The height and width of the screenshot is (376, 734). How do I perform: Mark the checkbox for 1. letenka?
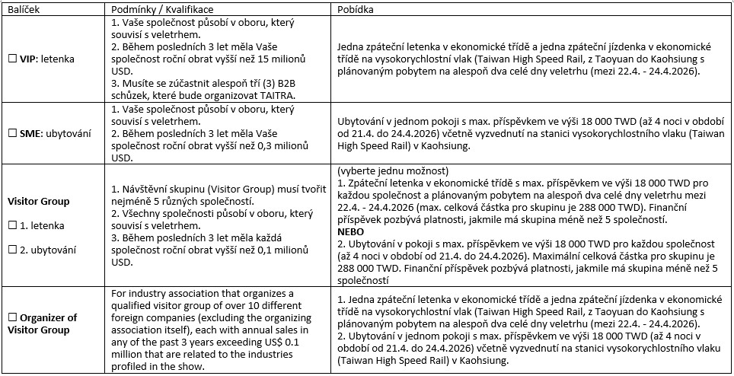[11, 225]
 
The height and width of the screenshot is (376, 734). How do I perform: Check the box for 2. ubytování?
[11, 248]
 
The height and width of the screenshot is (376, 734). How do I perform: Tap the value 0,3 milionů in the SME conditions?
[279, 148]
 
